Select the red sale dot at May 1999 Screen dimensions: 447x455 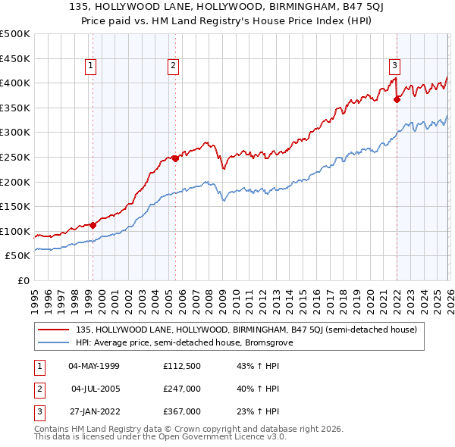pos(93,224)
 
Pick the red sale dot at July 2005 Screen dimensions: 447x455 pos(175,158)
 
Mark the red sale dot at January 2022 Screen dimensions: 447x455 pos(397,98)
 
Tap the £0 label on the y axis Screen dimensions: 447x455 pos(23,281)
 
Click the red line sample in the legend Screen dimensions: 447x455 pos(54,330)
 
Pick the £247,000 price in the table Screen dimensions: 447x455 pos(181,389)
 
